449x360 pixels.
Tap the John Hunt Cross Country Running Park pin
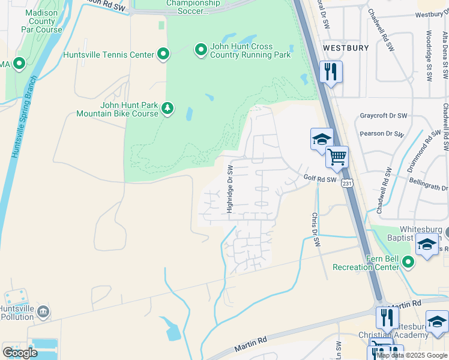point(200,51)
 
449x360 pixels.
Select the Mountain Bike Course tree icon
point(169,109)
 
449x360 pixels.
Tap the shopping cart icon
point(337,157)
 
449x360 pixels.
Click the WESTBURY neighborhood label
point(345,47)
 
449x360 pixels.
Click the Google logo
point(20,353)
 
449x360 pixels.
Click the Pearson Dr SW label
point(381,133)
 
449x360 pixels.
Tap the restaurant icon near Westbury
point(331,72)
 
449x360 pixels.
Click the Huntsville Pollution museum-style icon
point(43,311)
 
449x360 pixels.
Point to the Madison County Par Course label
point(41,21)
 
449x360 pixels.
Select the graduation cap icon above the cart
point(321,140)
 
